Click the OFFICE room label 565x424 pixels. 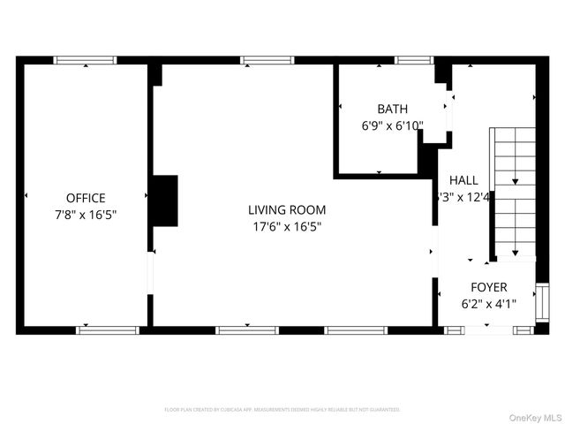coord(86,198)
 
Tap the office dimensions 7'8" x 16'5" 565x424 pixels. coord(86,214)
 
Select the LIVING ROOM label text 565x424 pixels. coord(286,210)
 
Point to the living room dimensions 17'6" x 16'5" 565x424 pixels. coord(286,226)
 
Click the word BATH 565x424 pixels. coord(392,110)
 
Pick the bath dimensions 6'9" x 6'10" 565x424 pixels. coord(392,125)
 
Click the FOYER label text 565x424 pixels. coord(488,287)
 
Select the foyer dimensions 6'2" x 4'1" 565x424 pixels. coord(488,304)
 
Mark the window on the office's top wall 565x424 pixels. coord(85,60)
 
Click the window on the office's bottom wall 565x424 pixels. coord(108,330)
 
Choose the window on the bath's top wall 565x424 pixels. coord(408,60)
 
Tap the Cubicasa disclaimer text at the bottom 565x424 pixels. coord(282,410)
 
